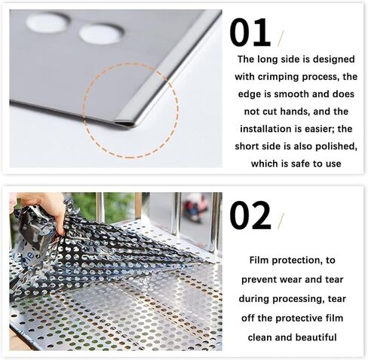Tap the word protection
point(306,260)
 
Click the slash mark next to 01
point(281,38)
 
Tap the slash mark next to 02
point(281,220)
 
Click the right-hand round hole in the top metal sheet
point(102,32)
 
